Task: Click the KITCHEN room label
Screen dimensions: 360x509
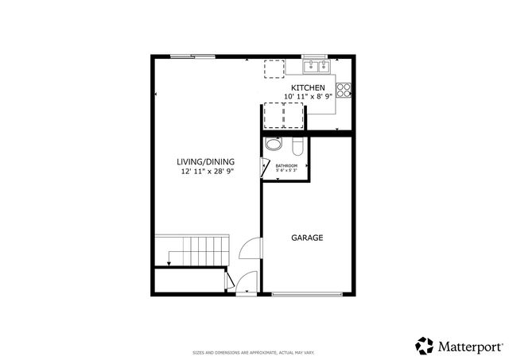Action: click(307, 87)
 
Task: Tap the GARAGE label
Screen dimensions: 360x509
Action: click(307, 238)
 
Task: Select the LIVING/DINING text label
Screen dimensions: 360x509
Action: click(206, 161)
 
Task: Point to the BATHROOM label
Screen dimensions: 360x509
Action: click(286, 165)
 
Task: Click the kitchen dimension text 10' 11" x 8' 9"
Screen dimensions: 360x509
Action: click(309, 97)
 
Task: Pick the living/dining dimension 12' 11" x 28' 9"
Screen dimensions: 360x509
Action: click(206, 171)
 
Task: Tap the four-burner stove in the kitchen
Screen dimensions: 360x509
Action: click(344, 90)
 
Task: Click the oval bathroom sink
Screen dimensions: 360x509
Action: click(273, 145)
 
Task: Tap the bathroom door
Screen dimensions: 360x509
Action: click(265, 167)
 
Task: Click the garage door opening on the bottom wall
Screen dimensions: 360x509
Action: click(309, 295)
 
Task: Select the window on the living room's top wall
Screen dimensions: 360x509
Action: click(192, 56)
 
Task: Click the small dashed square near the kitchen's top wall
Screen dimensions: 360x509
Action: click(274, 69)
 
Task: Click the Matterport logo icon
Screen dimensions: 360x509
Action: click(424, 346)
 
